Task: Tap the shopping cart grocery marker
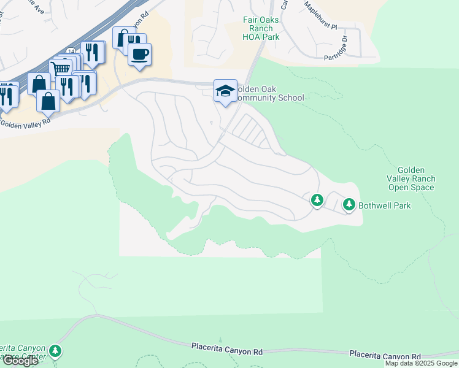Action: (x=60, y=68)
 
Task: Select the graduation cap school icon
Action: (x=225, y=91)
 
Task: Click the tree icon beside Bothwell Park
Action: (x=349, y=204)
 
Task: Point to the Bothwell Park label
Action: (x=385, y=205)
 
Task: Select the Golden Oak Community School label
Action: (x=270, y=93)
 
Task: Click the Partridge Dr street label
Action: (x=344, y=47)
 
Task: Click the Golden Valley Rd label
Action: (x=25, y=123)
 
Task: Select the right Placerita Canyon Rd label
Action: (x=385, y=355)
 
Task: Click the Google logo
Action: (x=20, y=361)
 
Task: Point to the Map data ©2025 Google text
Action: (x=420, y=363)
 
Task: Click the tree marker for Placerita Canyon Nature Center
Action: (x=56, y=351)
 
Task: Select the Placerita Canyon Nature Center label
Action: (x=22, y=351)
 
